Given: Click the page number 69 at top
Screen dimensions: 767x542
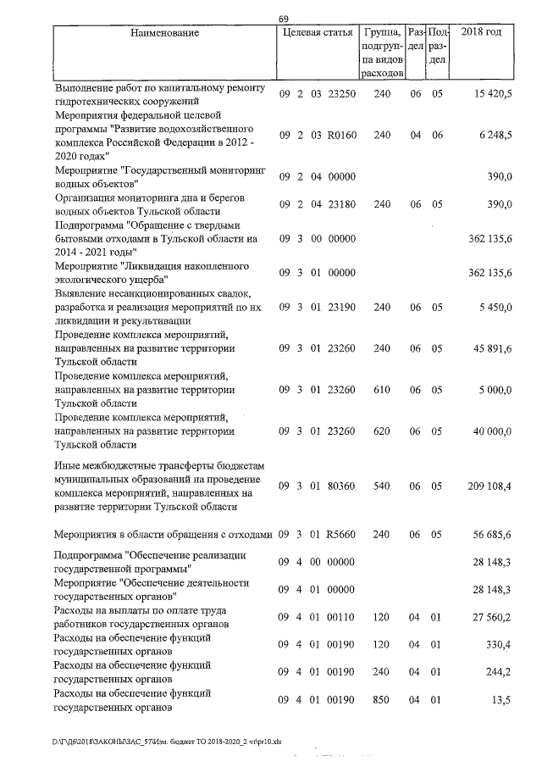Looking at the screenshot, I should (x=283, y=19).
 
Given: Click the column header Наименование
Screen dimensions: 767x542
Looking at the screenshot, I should (x=165, y=33).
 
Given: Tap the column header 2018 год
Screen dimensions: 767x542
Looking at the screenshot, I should (x=480, y=33).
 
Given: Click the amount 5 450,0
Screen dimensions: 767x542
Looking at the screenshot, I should (x=495, y=308).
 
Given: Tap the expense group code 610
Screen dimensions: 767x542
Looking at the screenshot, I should (x=382, y=390).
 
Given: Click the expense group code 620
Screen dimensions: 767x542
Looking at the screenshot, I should (x=382, y=431).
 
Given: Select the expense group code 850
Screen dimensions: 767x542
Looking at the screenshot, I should (x=382, y=700).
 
